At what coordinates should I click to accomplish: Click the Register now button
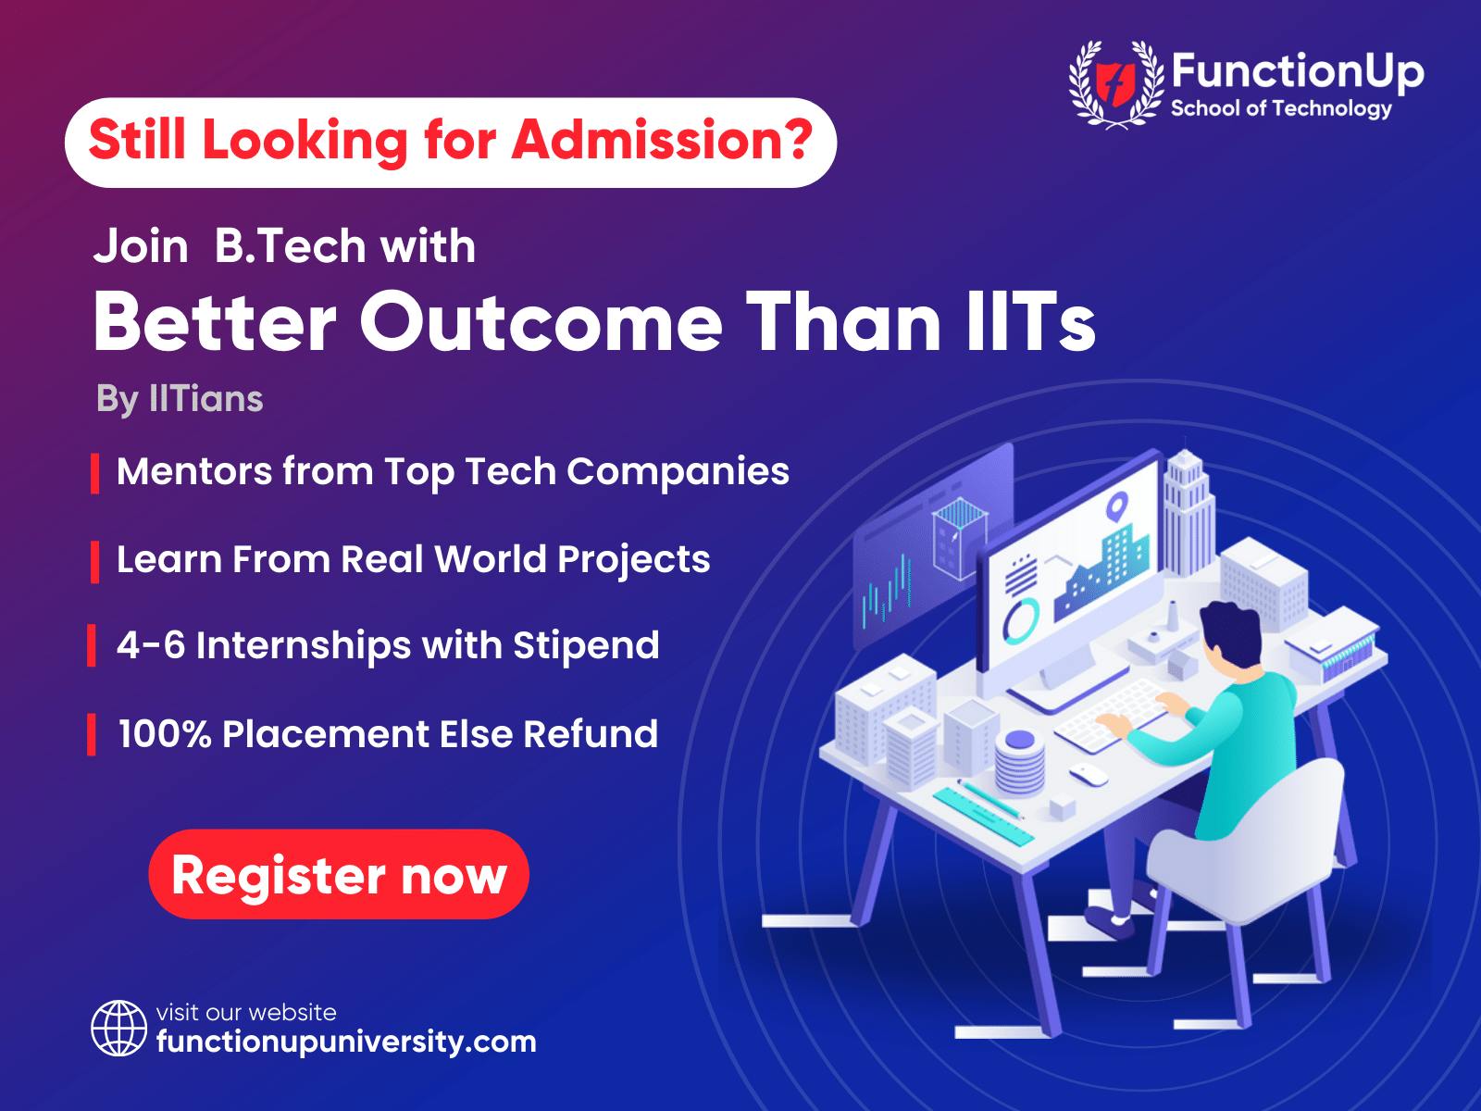[x=339, y=874]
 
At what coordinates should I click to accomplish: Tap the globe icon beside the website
[x=118, y=1028]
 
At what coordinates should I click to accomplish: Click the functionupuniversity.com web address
[x=346, y=1042]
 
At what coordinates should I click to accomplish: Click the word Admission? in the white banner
[x=662, y=140]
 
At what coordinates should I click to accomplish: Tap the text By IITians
[x=180, y=399]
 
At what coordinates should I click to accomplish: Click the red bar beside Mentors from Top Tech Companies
[x=95, y=473]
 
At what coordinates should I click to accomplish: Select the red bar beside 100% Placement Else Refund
[x=91, y=734]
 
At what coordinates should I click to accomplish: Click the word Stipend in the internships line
[x=586, y=646]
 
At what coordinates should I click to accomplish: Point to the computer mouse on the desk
[x=1089, y=774]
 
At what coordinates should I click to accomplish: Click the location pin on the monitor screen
[x=1117, y=506]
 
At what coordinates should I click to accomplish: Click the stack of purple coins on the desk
[x=1019, y=762]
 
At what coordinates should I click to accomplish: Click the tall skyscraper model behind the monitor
[x=1189, y=513]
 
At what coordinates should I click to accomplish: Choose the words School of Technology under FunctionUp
[x=1281, y=109]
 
